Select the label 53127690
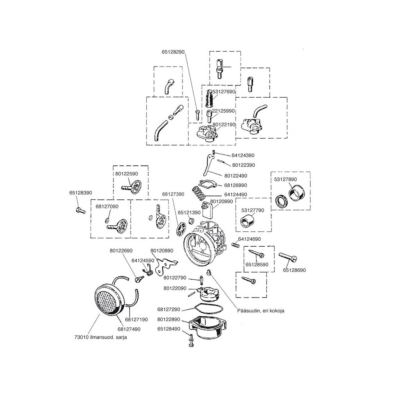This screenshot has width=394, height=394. pyautogui.click(x=223, y=91)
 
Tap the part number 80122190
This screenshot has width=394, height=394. pyautogui.click(x=224, y=124)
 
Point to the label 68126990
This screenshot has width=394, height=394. pyautogui.click(x=236, y=185)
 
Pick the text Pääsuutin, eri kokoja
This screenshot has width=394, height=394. pyautogui.click(x=260, y=310)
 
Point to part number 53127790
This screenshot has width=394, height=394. pyautogui.click(x=253, y=211)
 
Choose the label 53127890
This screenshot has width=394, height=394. pyautogui.click(x=286, y=179)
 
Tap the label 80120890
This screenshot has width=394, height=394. pyautogui.click(x=162, y=251)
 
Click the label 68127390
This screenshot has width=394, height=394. pyautogui.click(x=173, y=194)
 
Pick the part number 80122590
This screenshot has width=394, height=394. pyautogui.click(x=127, y=173)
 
